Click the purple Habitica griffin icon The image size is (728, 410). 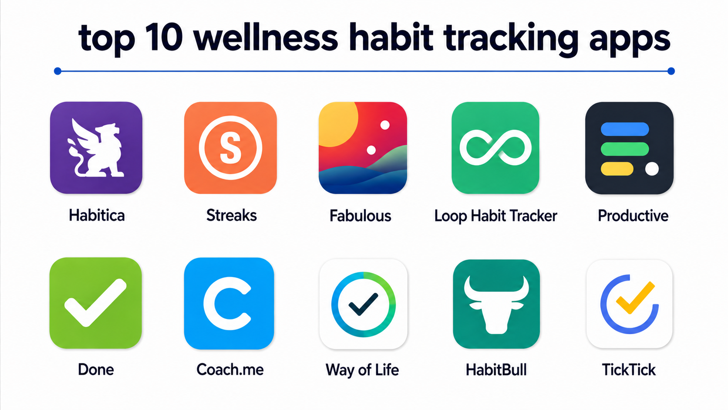pyautogui.click(x=96, y=148)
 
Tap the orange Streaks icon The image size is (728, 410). pyautogui.click(x=230, y=148)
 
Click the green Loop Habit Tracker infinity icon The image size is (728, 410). pyautogui.click(x=495, y=148)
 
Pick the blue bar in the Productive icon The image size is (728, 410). pyautogui.click(x=625, y=129)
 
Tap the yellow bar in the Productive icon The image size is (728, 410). pyautogui.click(x=617, y=169)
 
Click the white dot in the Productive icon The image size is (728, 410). pyautogui.click(x=652, y=169)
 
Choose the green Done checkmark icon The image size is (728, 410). pyautogui.click(x=95, y=303)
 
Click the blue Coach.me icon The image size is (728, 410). pyautogui.click(x=229, y=303)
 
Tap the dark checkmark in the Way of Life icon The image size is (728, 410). pyautogui.click(x=363, y=304)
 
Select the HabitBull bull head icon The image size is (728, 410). pyautogui.click(x=496, y=305)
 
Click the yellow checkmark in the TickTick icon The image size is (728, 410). pyautogui.click(x=635, y=298)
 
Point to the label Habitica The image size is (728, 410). pyautogui.click(x=97, y=215)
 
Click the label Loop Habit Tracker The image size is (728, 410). pyautogui.click(x=495, y=216)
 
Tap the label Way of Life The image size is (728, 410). pyautogui.click(x=362, y=370)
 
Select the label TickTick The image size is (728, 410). pyautogui.click(x=629, y=369)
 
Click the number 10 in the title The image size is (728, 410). pyautogui.click(x=163, y=38)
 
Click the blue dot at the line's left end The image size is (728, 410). pyautogui.click(x=57, y=71)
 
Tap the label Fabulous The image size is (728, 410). pyautogui.click(x=361, y=216)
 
